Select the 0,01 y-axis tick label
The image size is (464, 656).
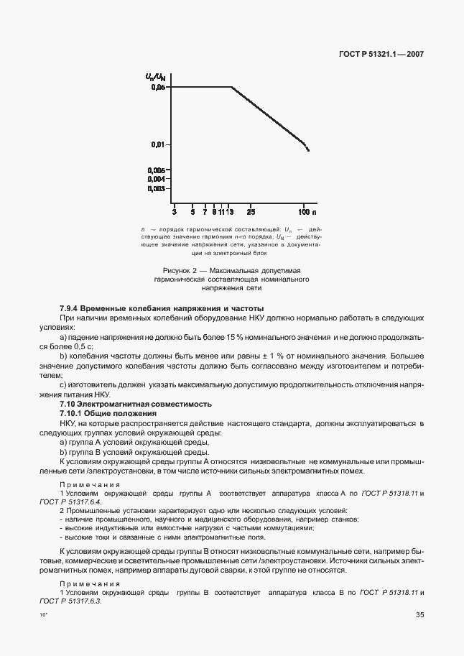coord(158,144)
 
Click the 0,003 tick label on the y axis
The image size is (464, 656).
coord(157,188)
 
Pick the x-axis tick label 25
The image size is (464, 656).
coord(251,213)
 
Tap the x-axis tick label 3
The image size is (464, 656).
coord(175,213)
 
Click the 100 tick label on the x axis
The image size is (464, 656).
coord(303,213)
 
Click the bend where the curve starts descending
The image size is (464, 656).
coord(231,87)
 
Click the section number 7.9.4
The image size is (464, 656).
coord(72,308)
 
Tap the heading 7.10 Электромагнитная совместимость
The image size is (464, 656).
coord(135,405)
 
